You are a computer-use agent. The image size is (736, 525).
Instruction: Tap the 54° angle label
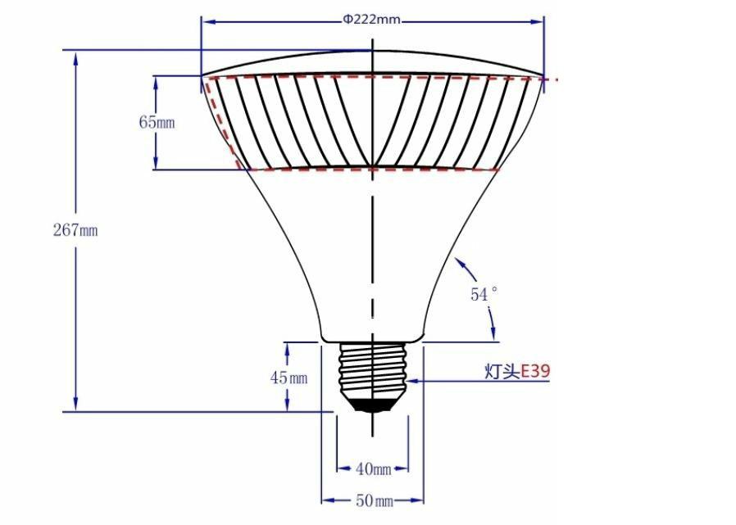(x=484, y=294)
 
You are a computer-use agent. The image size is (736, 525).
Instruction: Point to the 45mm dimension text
(x=288, y=378)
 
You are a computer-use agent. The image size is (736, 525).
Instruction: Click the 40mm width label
(x=373, y=469)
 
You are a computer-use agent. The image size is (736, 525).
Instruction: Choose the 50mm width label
(x=373, y=500)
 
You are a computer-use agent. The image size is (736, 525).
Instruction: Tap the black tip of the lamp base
(x=373, y=405)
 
